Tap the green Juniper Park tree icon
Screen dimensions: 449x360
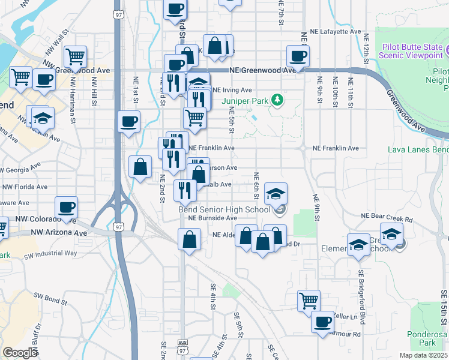pos(277,99)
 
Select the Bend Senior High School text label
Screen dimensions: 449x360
pos(224,209)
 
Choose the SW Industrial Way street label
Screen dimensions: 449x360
pos(50,253)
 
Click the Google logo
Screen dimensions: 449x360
pos(20,352)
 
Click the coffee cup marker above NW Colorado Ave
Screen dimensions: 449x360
pos(67,208)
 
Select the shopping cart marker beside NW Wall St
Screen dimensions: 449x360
pos(76,57)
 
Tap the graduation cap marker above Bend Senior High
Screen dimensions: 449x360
pos(276,193)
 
